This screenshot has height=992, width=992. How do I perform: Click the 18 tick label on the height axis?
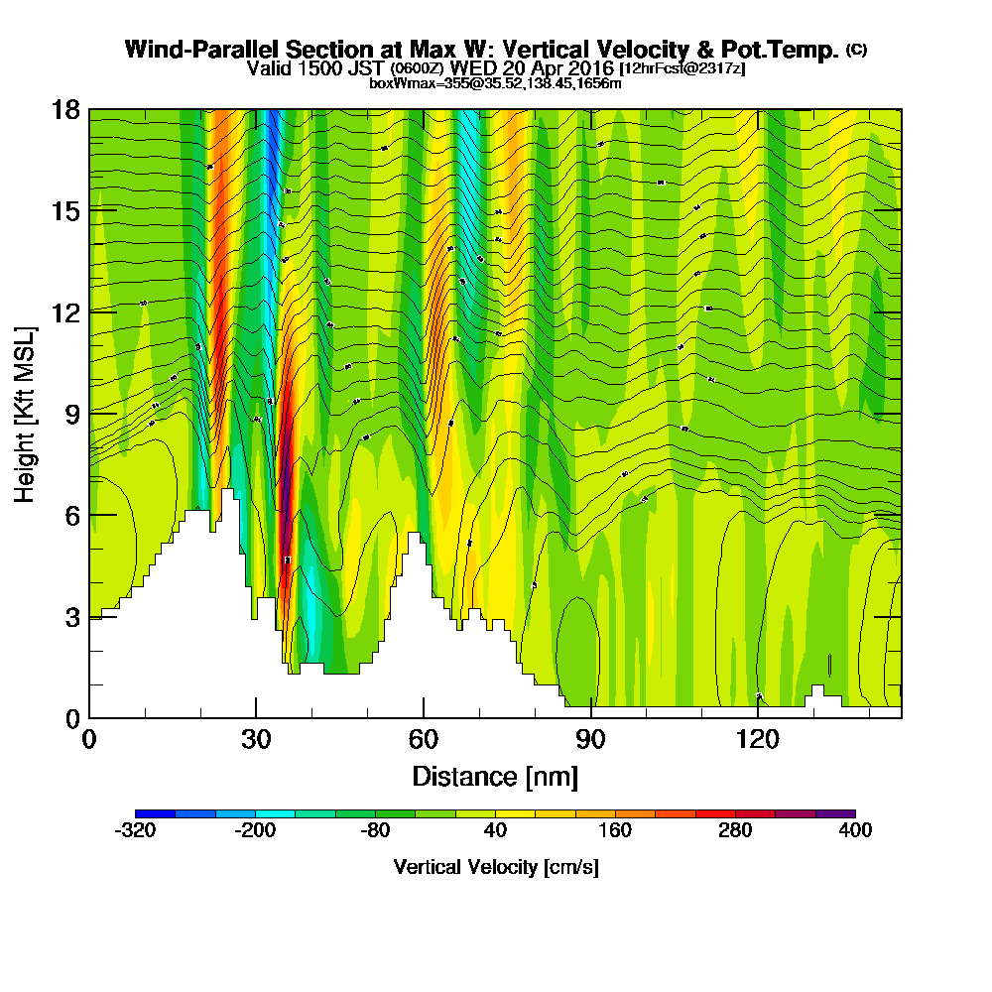click(65, 109)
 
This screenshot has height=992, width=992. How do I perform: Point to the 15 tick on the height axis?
click(65, 210)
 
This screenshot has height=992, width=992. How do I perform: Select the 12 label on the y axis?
click(65, 311)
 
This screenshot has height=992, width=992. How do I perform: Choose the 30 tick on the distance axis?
click(256, 739)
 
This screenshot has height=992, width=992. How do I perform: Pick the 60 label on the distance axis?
click(424, 739)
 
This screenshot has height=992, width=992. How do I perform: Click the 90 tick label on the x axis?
click(591, 739)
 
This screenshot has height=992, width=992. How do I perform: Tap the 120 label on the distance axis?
click(758, 739)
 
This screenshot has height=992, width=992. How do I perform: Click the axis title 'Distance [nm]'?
click(495, 776)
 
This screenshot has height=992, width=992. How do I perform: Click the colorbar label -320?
click(135, 830)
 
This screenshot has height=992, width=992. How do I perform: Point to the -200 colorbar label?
click(255, 830)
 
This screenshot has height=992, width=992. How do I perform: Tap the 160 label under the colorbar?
click(615, 830)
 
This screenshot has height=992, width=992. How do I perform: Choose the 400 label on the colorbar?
click(854, 830)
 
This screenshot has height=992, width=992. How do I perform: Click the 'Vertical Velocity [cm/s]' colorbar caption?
click(495, 867)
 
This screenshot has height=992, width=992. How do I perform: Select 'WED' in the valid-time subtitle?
click(471, 68)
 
